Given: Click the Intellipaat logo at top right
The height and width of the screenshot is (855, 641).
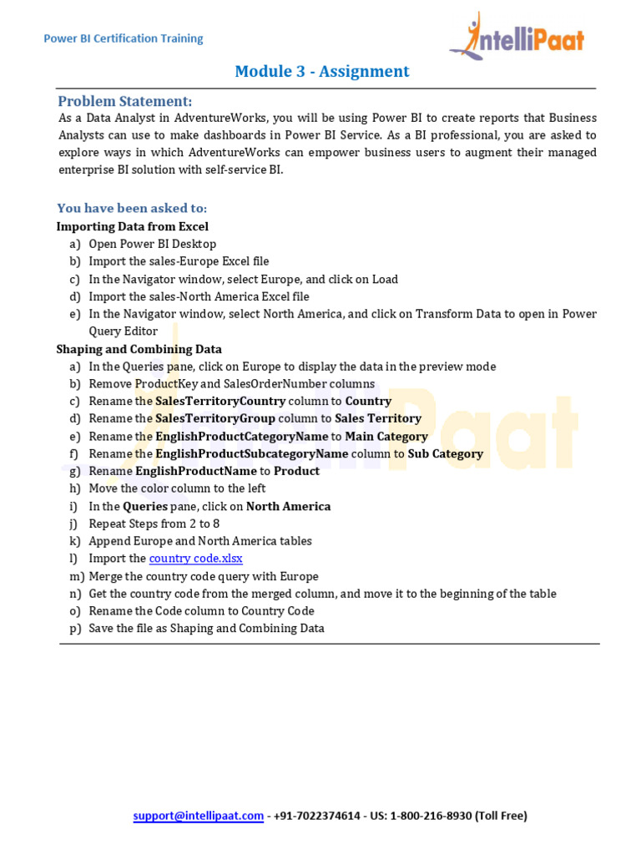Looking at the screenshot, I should [x=517, y=37].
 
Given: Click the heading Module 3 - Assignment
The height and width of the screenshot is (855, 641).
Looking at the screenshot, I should [x=322, y=71].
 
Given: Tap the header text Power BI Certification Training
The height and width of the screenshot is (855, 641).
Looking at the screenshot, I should [x=123, y=38].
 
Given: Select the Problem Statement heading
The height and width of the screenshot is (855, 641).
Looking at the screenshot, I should [x=124, y=101].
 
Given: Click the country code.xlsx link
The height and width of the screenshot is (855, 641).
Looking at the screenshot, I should [x=195, y=559].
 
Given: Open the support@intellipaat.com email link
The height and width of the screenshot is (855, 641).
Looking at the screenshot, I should [x=198, y=816].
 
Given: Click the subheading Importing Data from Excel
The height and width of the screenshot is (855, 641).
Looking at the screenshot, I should [x=132, y=226].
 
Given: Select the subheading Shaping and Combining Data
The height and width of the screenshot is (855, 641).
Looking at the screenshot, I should [x=139, y=349].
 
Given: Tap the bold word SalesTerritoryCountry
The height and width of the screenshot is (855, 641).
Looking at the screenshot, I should [x=220, y=401].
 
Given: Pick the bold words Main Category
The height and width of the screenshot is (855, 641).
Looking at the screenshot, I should [x=386, y=436].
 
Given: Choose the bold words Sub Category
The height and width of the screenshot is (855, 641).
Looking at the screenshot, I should [x=445, y=453].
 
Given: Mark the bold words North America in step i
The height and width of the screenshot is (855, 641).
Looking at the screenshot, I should [x=288, y=506].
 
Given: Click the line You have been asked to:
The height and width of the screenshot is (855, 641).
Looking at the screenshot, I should [x=132, y=208].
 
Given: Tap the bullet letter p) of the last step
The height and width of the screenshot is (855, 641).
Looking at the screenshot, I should [x=75, y=628].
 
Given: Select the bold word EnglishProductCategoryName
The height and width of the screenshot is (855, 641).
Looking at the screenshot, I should [x=241, y=436].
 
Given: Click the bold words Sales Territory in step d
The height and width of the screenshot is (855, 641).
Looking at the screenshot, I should [x=378, y=418].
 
